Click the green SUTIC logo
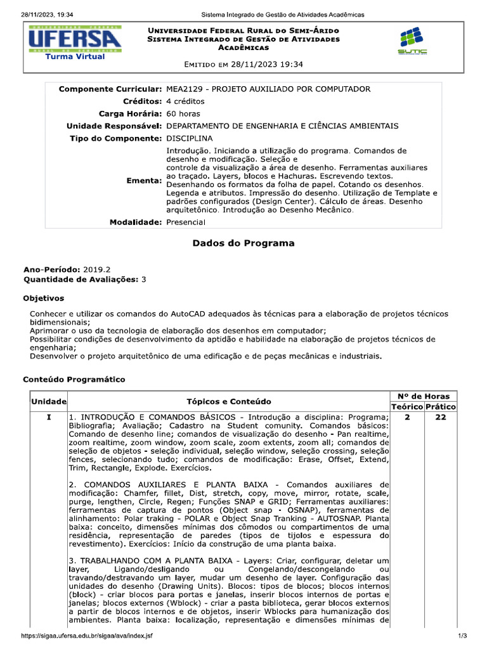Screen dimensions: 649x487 412,41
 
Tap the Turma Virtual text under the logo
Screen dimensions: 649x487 75,56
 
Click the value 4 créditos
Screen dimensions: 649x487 185,101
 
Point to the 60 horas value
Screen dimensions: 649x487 183,113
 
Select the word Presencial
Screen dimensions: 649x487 186,222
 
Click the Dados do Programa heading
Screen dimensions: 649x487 243,243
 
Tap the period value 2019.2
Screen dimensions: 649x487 97,269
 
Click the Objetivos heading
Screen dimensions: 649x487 43,298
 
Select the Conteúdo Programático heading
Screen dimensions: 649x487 74,379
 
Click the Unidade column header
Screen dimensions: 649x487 49,402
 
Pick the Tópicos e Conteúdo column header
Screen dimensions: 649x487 228,402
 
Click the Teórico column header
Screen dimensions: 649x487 406,406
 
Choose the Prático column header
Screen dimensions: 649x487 441,406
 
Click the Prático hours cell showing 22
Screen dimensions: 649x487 441,418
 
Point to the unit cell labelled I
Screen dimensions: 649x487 49,418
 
